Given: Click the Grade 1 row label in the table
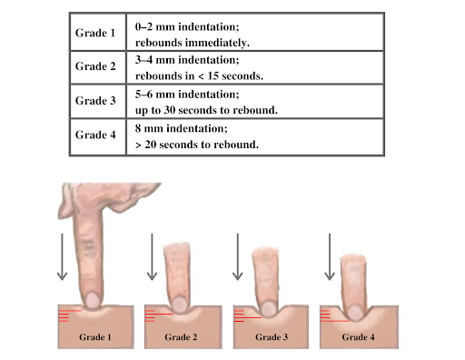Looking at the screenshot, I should (95, 34).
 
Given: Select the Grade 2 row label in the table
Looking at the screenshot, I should (95, 67).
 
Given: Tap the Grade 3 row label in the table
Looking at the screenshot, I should (95, 101).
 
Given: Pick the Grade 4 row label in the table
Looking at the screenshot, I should (95, 135).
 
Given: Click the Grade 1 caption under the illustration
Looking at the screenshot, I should (96, 337).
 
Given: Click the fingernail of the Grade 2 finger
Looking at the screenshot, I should (180, 304).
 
